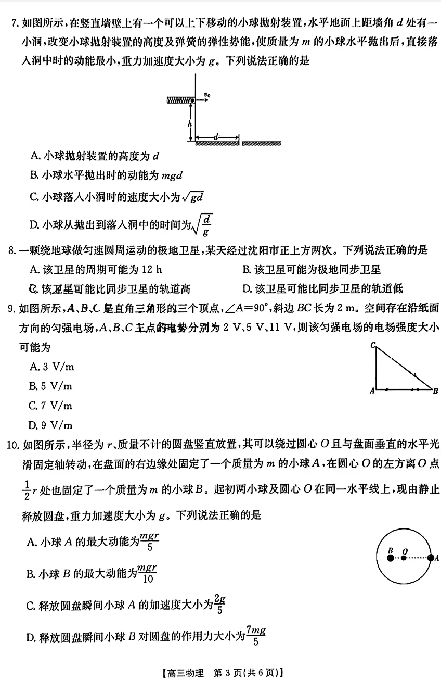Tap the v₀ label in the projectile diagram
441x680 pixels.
point(207,95)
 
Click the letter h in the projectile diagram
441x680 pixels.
point(190,123)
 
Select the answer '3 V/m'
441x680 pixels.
point(52,367)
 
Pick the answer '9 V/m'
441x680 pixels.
point(52,425)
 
